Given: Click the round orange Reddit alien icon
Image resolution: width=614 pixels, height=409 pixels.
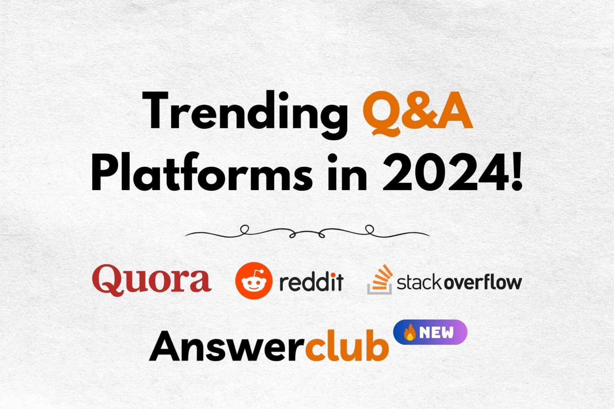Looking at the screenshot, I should tap(254, 281).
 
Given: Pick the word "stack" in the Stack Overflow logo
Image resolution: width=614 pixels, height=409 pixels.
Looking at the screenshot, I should tap(419, 283).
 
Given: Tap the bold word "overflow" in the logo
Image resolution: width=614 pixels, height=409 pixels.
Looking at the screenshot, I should tap(483, 283).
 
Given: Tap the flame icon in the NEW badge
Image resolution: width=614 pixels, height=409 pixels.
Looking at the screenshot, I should tap(409, 332).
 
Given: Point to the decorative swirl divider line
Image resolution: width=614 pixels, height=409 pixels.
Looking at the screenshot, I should tap(307, 232).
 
